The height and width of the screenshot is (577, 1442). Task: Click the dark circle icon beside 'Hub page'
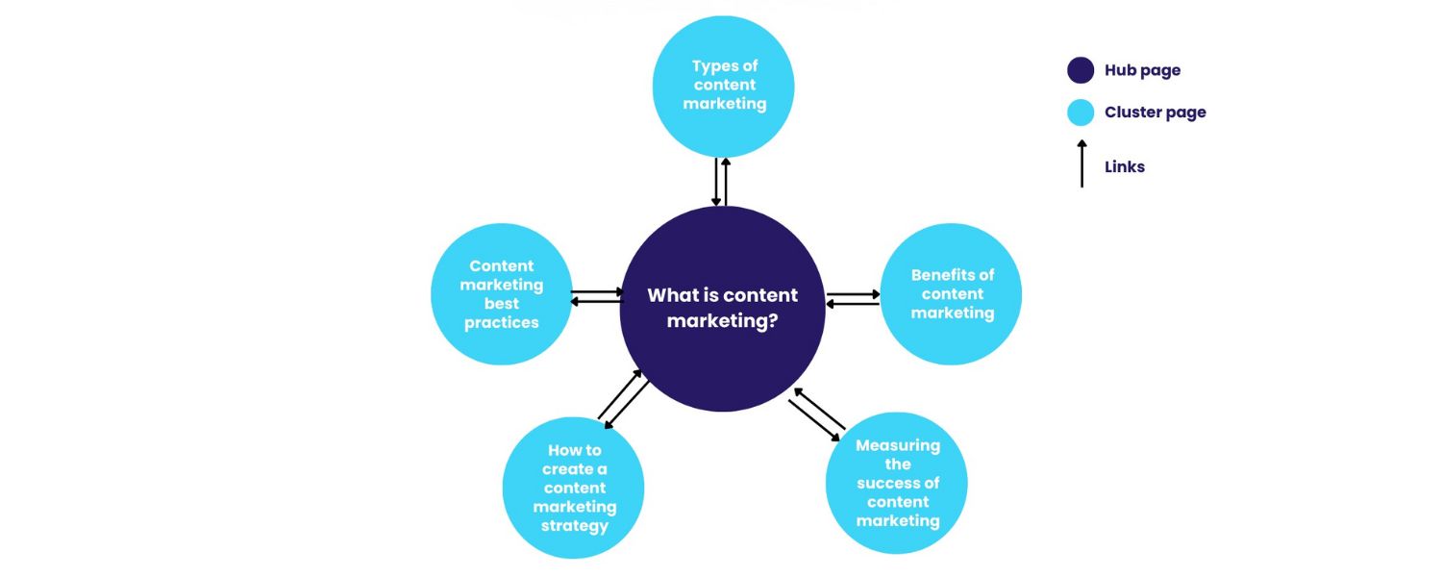[x=1081, y=70]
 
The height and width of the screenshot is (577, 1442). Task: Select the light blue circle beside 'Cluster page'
[x=1081, y=113]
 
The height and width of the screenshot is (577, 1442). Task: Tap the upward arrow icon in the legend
[x=1081, y=163]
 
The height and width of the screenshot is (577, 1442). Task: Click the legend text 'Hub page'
[x=1142, y=70]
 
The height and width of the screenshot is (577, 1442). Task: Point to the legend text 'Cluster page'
[x=1155, y=113]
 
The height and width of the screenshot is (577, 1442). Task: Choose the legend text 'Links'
[x=1125, y=167]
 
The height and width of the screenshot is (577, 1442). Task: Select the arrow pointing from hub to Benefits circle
[x=853, y=294]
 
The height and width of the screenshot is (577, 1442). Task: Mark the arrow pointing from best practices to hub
[x=597, y=291]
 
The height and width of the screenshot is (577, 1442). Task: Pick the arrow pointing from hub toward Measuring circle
[x=813, y=419]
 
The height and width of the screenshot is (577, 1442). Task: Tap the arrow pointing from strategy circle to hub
[x=619, y=394]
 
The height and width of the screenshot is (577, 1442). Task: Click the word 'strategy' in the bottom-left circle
[x=574, y=526]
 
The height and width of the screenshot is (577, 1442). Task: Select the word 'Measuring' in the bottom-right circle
[x=898, y=445]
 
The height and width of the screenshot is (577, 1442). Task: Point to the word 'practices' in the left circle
[x=501, y=323]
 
